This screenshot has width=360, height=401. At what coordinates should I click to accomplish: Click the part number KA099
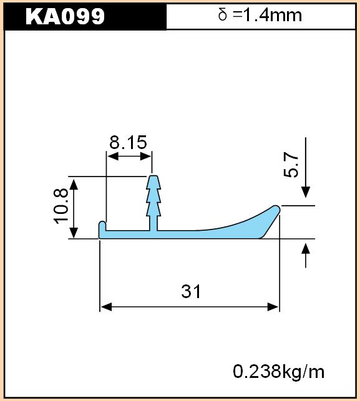pyautogui.click(x=65, y=16)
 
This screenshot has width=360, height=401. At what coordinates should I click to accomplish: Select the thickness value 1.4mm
pyautogui.click(x=272, y=15)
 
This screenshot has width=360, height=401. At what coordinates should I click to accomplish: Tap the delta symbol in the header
pyautogui.click(x=223, y=14)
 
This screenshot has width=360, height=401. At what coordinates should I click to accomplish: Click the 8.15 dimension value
pyautogui.click(x=128, y=142)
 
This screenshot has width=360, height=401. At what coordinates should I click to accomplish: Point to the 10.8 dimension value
pyautogui.click(x=61, y=206)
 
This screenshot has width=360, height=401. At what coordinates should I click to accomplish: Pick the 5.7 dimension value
pyautogui.click(x=291, y=165)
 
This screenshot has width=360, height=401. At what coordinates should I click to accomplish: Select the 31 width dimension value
pyautogui.click(x=191, y=291)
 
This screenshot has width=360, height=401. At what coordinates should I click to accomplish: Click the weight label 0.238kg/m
pyautogui.click(x=279, y=372)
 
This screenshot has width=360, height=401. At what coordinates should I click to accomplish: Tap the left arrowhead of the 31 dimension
pyautogui.click(x=106, y=307)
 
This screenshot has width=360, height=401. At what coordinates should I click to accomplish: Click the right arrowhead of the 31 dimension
pyautogui.click(x=273, y=307)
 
